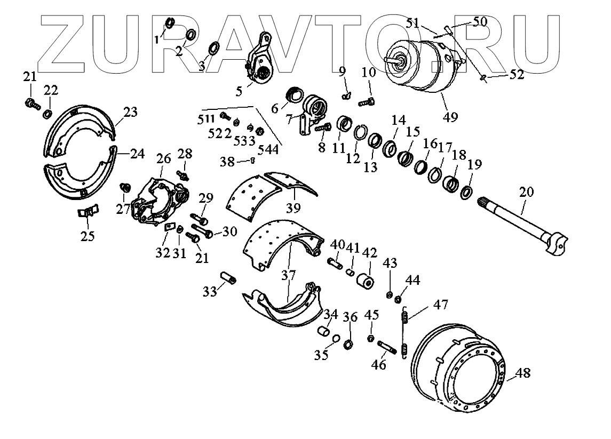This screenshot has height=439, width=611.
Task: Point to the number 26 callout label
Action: coord(164,159)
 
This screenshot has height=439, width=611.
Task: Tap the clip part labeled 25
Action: coord(87,211)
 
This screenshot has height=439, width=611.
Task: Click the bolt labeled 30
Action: coord(202,232)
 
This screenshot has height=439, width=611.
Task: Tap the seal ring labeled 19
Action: coord(466,193)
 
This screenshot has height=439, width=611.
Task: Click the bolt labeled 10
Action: coord(368,100)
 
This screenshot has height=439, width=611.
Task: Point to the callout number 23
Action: coord(130,112)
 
